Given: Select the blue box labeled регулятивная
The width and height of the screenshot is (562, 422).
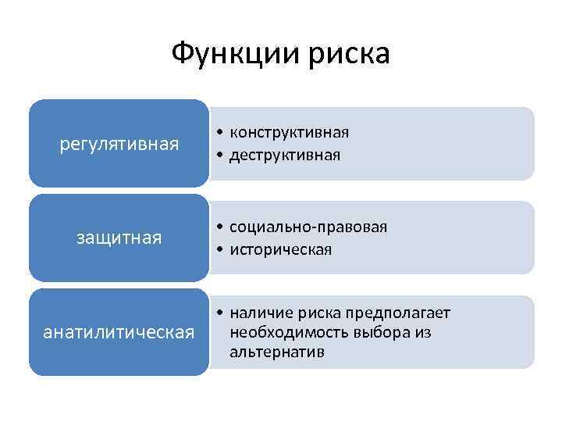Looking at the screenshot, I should [119, 144].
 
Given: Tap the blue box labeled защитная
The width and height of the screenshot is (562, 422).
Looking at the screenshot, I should [119, 238].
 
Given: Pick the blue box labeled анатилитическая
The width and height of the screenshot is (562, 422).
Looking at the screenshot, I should [119, 332].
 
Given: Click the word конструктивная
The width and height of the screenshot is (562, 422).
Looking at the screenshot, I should [289, 132].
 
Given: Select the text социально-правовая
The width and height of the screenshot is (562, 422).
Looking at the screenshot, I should [308, 227].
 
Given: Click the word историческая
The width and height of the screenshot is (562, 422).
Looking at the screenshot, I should [280, 249].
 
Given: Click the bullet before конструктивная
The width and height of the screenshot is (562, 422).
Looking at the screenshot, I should [222, 133].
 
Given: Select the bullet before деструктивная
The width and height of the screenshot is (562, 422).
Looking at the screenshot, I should [222, 156].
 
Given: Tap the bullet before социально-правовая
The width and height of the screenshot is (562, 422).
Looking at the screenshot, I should [222, 227].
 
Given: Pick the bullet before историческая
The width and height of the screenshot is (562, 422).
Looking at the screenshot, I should [222, 250].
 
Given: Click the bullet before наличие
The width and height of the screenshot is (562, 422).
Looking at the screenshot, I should [222, 314].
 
